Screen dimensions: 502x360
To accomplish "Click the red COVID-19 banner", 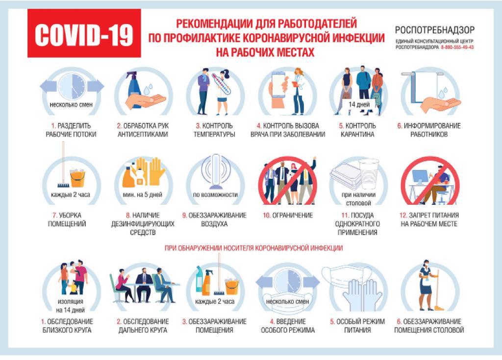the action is click(x=84, y=33).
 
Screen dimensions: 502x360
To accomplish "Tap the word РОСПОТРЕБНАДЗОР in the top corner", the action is click(x=434, y=30).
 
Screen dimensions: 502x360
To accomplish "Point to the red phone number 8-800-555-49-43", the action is click(x=457, y=48).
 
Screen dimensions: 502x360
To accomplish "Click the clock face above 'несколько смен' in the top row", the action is click(x=73, y=86).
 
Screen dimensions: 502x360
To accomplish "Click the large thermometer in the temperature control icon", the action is click(x=221, y=84).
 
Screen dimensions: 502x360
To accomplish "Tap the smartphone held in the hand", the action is click(x=278, y=85).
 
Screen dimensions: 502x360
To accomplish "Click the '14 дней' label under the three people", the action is click(x=359, y=104).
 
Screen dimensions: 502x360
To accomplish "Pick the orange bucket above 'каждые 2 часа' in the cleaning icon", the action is click(x=77, y=178).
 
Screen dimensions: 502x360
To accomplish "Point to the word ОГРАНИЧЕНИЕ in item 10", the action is click(x=292, y=216).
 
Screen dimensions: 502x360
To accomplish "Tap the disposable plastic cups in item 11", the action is click(x=369, y=174).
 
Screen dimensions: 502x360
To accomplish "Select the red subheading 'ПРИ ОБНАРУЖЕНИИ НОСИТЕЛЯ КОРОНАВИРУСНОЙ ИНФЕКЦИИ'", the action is click(x=253, y=248).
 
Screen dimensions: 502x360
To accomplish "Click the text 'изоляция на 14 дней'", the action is click(x=71, y=306).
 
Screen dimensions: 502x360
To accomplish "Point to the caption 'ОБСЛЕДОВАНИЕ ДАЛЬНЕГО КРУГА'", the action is click(x=143, y=325).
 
